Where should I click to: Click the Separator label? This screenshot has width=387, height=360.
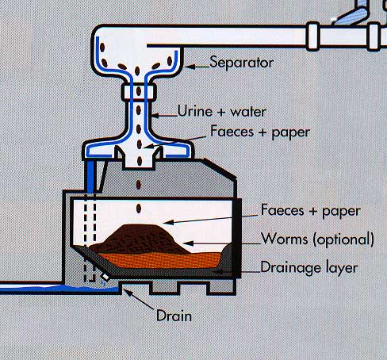tap(241, 63)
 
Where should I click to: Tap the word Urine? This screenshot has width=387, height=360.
tap(195, 111)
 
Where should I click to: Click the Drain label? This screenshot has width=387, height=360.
tap(174, 316)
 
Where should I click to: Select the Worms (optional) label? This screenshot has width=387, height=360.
tap(317, 239)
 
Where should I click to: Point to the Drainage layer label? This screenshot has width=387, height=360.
tap(309, 267)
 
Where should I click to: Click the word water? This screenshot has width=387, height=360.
tap(248, 112)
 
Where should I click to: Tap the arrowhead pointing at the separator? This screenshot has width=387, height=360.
tap(190, 67)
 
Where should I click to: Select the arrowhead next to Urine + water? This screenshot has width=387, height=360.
tap(155, 116)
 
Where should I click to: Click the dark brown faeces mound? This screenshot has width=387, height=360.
tap(140, 239)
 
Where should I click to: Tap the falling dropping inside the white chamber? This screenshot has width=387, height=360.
tap(139, 209)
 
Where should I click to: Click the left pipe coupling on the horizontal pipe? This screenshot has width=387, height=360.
tap(313, 36)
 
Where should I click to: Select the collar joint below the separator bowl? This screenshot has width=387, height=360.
tap(139, 91)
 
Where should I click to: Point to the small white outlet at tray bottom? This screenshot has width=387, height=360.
tap(105, 277)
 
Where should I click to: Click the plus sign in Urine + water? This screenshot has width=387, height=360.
tap(221, 112)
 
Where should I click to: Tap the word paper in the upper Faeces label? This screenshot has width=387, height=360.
tap(291, 133)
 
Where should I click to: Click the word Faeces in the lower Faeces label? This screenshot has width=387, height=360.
tap(282, 210)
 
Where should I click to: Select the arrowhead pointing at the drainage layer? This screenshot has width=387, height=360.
tap(217, 271)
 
